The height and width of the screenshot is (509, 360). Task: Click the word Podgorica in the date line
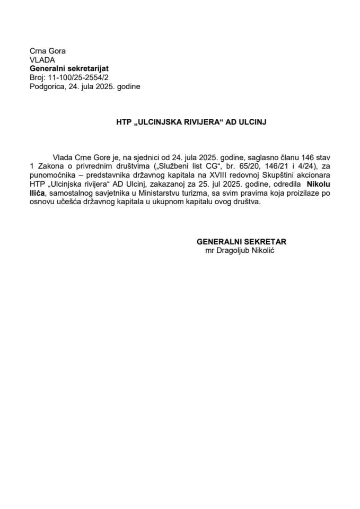pos(47,86)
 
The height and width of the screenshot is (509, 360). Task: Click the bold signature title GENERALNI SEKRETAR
pos(241,241)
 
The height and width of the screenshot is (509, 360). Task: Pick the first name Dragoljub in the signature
pos(234,250)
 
